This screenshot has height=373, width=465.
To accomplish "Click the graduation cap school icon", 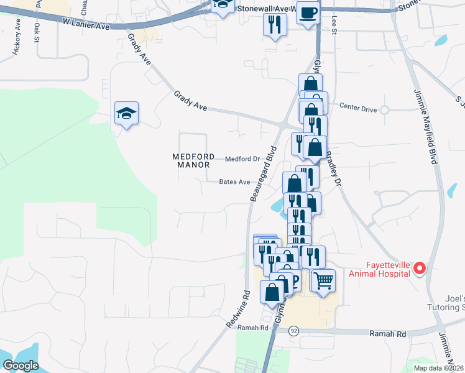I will tap(126, 113).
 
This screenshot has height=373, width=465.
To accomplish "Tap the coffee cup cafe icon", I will tap(307, 12).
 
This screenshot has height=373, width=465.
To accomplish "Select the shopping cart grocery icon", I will tap(323, 280).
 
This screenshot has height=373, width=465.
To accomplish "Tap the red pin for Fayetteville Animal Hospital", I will tap(419, 269).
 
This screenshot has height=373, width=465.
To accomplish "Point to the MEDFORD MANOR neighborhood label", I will tap(194, 160).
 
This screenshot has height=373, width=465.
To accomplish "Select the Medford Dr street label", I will tap(242, 159).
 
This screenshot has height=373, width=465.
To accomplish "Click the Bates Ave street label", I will tap(234, 182).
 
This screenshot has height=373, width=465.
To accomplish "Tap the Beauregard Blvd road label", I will tap(262, 173).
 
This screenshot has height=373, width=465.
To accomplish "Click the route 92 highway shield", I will tap(294, 331).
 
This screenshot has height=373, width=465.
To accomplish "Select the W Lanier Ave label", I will tap(86, 24).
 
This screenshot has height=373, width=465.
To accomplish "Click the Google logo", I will tap(21, 366).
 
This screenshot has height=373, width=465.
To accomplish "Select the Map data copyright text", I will tap(438, 368).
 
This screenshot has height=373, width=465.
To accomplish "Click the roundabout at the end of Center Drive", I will tap(385, 110).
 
